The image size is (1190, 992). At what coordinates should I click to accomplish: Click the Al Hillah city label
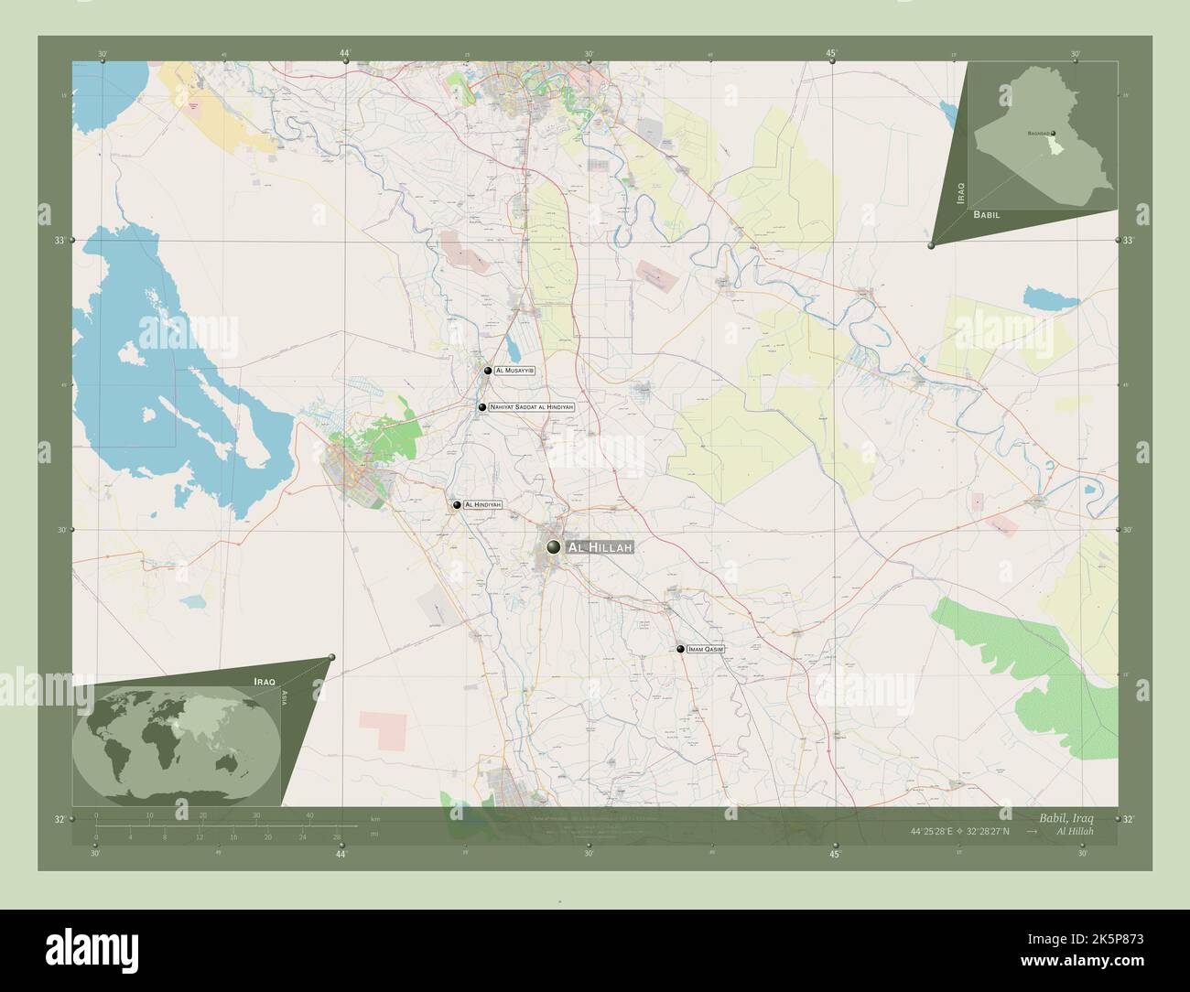pos(600,547)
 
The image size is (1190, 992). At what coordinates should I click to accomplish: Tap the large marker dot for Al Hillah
pos(553,547)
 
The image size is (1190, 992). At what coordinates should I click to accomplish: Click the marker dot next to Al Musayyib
pos(488,371)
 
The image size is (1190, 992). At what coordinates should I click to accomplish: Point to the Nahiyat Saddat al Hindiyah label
pos(531,406)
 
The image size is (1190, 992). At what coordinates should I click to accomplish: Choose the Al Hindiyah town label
pos(483,504)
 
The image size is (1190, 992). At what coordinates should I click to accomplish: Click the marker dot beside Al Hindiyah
pos(456,504)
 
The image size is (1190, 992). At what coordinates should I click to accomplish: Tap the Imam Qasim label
pos(706,649)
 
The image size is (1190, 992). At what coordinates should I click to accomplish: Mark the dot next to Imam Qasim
pos(680,649)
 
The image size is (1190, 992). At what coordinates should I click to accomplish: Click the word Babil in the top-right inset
pos(987,213)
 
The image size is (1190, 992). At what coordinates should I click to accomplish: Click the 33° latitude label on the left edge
pos(59,241)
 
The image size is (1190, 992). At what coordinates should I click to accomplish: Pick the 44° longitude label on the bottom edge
pos(341,855)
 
